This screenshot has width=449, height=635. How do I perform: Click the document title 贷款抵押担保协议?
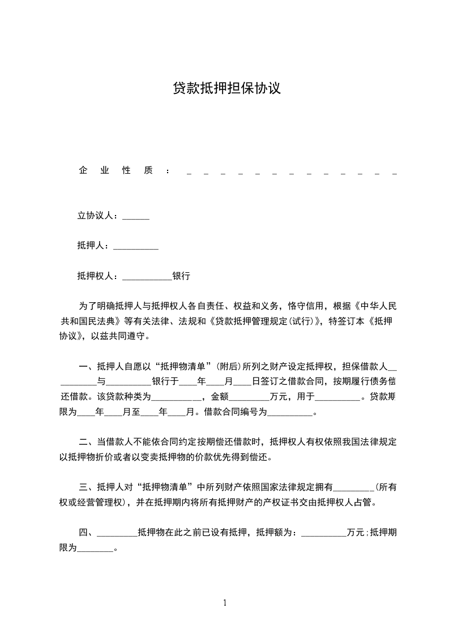coord(226,88)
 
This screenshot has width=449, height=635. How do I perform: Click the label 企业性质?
coord(116,170)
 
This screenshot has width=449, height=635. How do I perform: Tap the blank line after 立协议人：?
coord(136,217)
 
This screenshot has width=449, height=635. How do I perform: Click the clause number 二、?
coord(87,442)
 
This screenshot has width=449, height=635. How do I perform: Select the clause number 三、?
coord(87,487)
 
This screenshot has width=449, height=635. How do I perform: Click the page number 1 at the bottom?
coord(225,603)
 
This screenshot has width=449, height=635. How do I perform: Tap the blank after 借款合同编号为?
coord(289,413)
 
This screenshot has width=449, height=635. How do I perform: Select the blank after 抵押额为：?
coord(323,533)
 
